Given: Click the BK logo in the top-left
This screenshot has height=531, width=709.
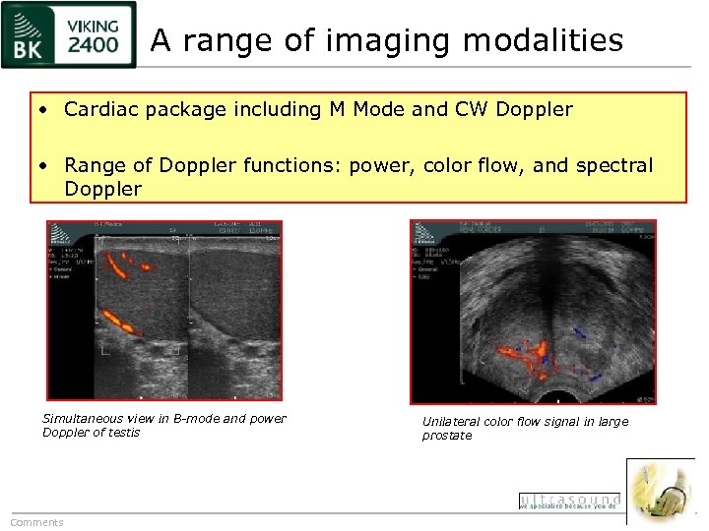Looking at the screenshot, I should tap(30, 35).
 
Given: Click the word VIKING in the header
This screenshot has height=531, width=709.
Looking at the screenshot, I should tap(94, 25).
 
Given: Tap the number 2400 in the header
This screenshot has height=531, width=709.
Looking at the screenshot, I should tap(94, 46).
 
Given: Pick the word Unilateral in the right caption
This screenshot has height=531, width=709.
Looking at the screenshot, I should tap(456, 422).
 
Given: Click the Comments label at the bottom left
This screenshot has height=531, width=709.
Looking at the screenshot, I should tap(36, 522).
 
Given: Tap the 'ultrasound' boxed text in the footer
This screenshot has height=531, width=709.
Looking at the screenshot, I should tap(569, 501).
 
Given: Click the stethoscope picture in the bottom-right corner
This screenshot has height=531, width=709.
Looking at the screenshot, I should tap(663, 491).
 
